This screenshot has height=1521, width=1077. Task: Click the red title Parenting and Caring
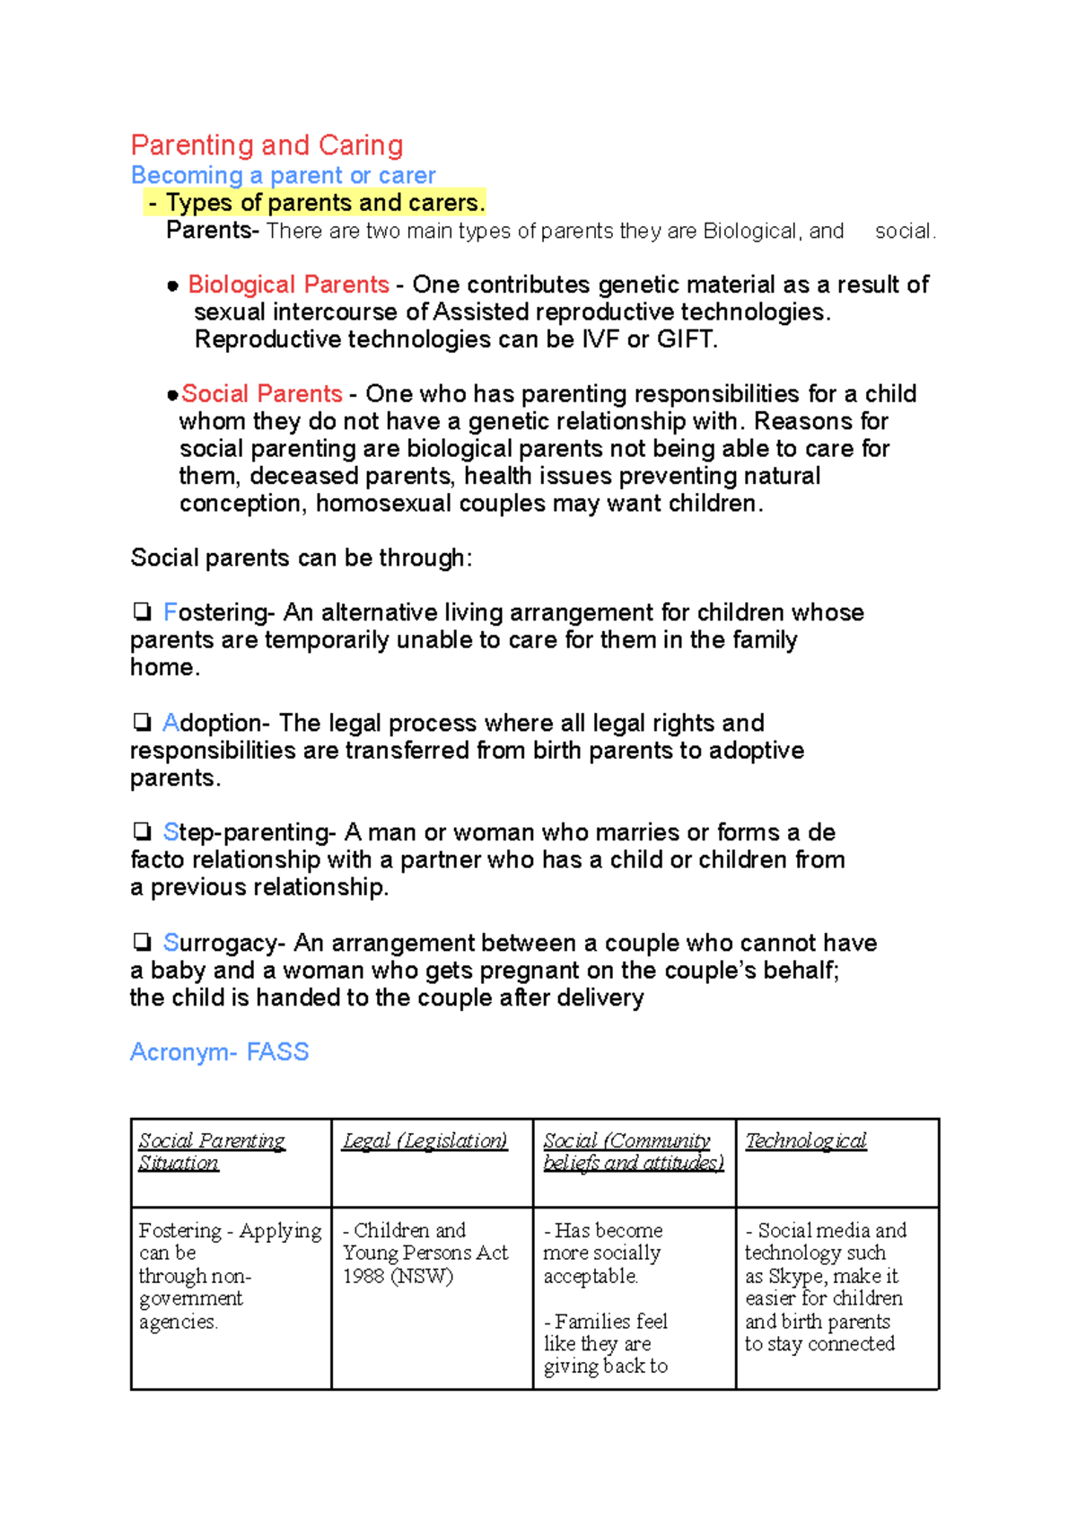(x=267, y=145)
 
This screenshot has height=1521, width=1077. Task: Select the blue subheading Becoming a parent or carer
(x=283, y=175)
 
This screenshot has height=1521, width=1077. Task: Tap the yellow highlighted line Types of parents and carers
(x=315, y=203)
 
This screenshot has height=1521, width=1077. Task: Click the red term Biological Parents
(x=288, y=285)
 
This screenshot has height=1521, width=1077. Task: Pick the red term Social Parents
(x=261, y=394)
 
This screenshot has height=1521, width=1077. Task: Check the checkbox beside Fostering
(x=142, y=612)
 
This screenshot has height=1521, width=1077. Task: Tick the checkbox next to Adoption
(x=142, y=723)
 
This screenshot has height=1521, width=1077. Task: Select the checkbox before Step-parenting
(x=142, y=831)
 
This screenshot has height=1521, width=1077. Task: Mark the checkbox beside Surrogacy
(x=142, y=942)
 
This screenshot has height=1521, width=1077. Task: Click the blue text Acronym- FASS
(x=219, y=1052)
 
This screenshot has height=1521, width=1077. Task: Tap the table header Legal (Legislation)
(x=425, y=1141)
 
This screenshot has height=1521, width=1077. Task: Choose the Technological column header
(x=805, y=1141)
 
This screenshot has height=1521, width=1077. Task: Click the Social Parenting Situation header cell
(x=211, y=1152)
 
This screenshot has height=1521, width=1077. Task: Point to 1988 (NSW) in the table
(x=398, y=1276)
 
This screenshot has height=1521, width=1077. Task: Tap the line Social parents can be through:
(x=301, y=558)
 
